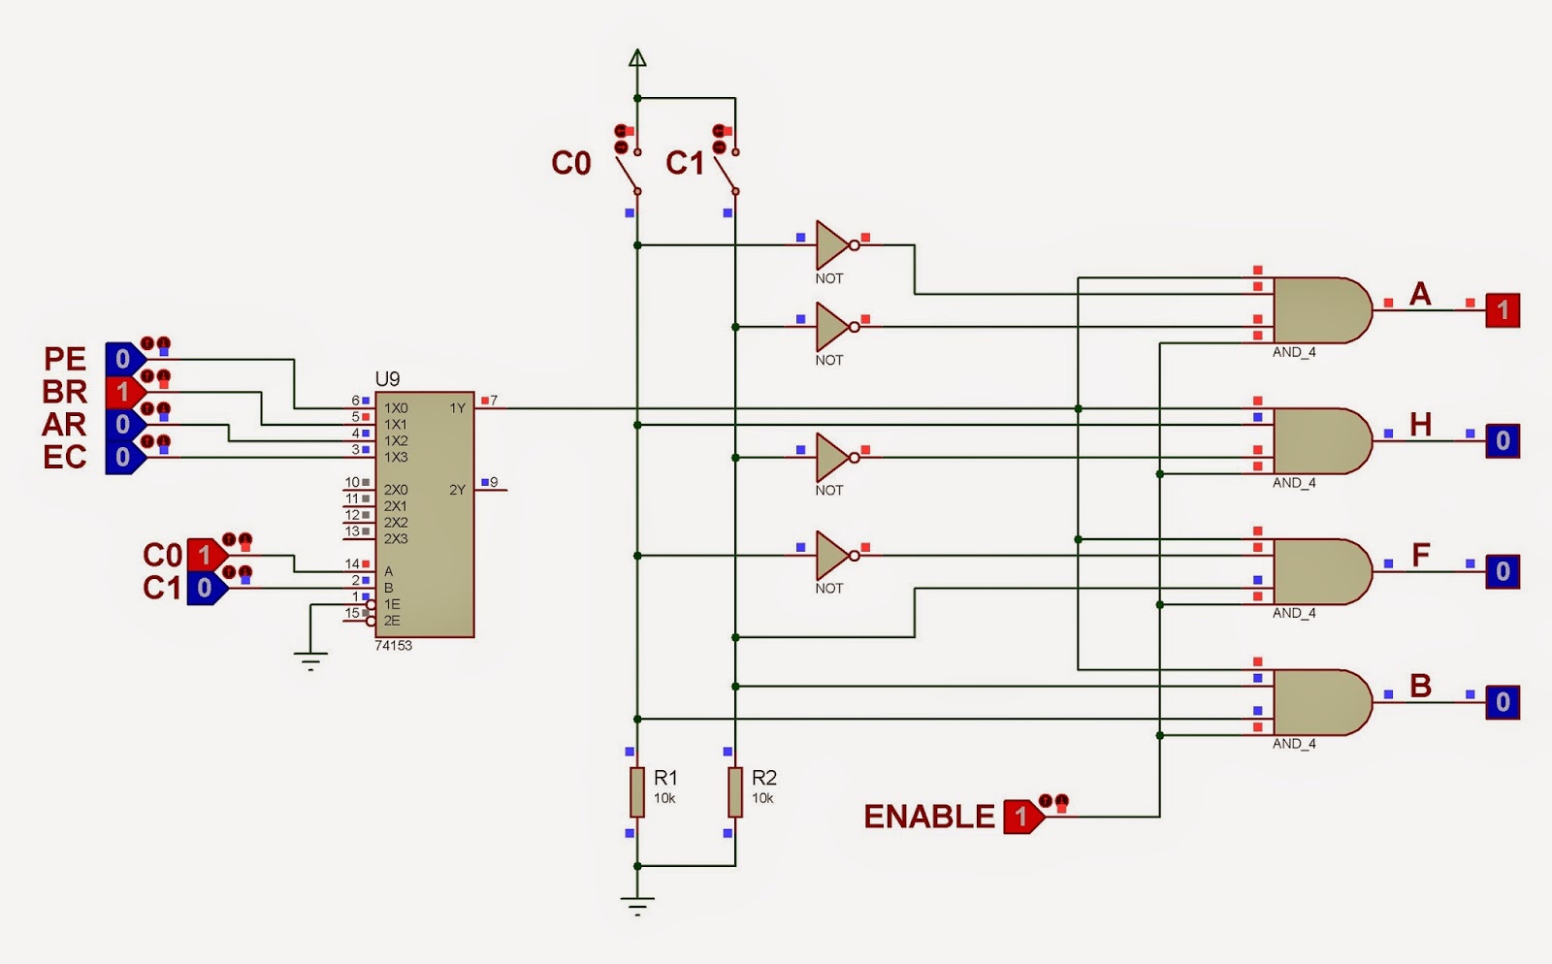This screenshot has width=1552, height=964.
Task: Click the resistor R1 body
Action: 636,791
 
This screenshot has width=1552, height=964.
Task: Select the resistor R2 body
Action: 735,791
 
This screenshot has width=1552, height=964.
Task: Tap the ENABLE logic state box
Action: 1021,817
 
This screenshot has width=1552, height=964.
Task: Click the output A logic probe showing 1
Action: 1503,310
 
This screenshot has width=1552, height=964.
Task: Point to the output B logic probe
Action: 1503,702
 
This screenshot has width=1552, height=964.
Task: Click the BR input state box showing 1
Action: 123,392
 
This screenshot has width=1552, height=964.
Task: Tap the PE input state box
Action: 123,359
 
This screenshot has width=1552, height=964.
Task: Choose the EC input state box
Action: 123,457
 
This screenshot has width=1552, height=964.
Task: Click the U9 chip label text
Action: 387,379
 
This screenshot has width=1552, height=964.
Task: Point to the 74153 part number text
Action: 393,646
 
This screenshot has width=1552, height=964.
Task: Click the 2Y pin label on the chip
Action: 457,490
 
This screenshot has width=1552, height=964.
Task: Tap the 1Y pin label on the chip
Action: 457,408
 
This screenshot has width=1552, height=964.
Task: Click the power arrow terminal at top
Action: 637,58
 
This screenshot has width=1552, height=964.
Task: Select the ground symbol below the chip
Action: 310,662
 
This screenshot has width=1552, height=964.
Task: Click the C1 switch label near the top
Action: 685,163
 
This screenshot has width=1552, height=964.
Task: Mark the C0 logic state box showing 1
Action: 204,556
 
